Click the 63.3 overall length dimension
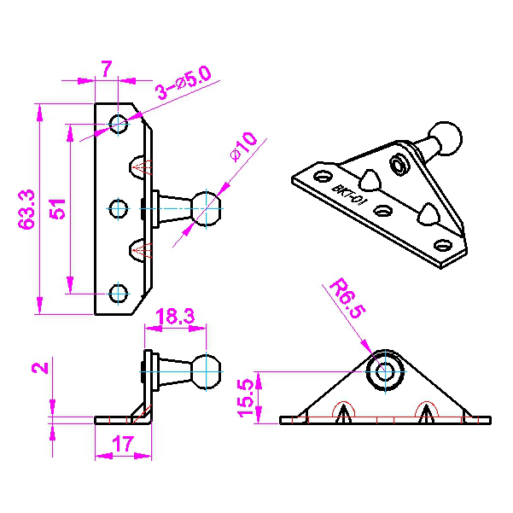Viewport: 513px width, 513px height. tap(26, 209)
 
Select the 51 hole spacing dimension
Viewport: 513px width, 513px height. tap(57, 209)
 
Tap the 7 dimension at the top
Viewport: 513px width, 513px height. tap(107, 68)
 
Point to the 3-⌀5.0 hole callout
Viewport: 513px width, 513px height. tap(184, 83)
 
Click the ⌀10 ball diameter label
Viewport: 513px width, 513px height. tap(244, 146)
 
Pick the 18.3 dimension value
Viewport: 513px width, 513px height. tap(175, 317)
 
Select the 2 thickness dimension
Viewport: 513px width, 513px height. tap(40, 368)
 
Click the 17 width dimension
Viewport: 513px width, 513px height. tap(123, 444)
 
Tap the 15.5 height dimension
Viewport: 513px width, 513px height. tap(247, 398)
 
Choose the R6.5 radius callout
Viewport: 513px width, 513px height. tap(347, 298)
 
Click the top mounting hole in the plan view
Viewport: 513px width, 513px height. tap(118, 124)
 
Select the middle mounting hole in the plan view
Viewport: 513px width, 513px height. tap(118, 209)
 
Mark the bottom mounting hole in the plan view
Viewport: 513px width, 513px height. tap(118, 294)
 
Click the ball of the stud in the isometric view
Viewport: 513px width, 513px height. tap(446, 138)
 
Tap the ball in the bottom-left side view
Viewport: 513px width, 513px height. tap(206, 371)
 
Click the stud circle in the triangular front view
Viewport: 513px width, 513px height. tap(385, 371)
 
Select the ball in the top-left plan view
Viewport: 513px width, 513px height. tap(206, 209)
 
